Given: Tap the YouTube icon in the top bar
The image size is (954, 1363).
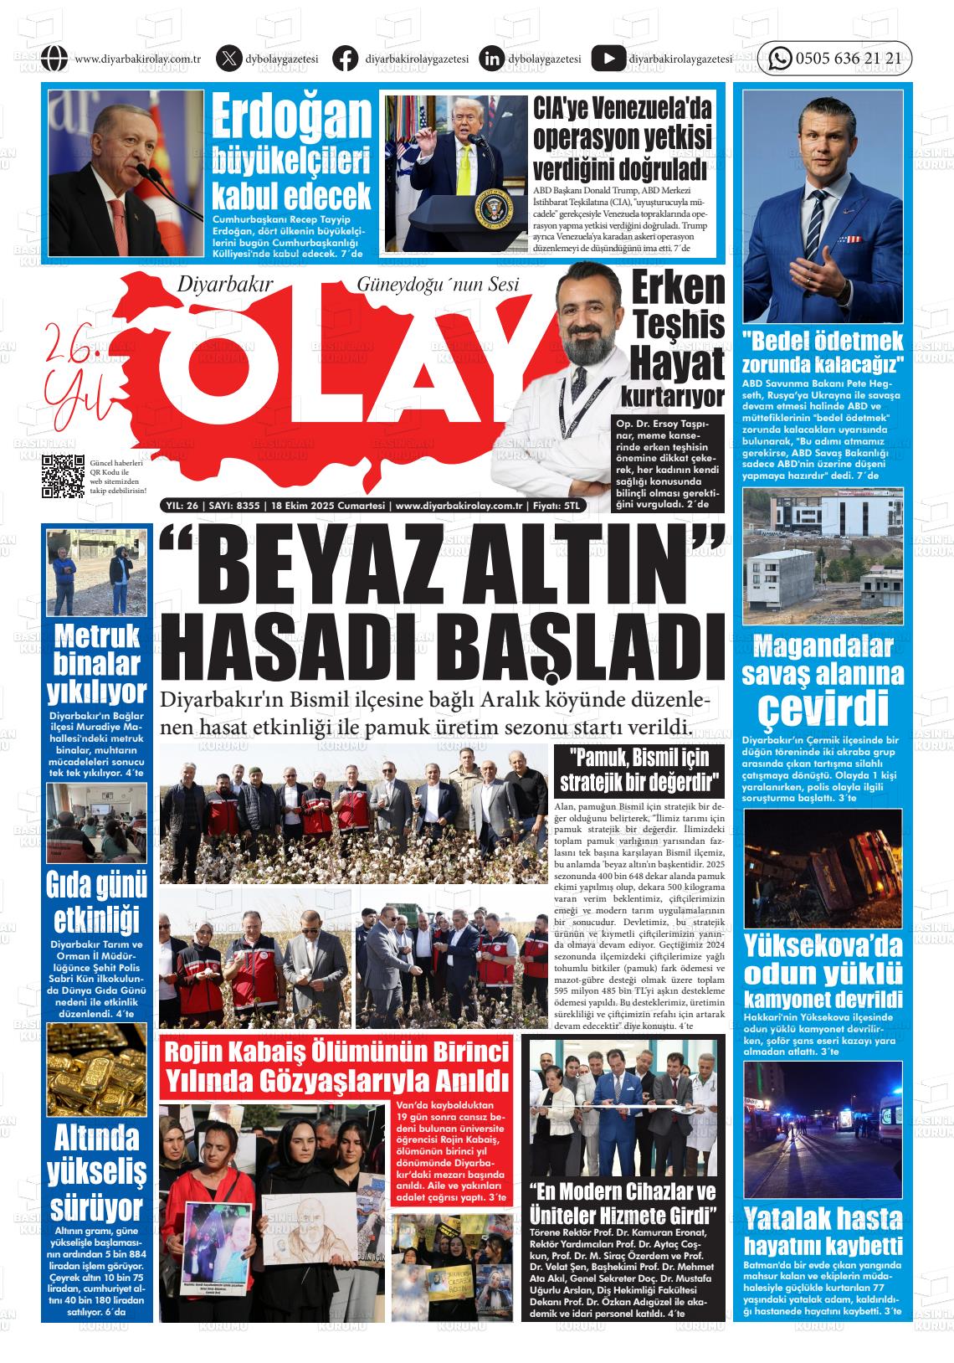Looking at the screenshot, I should pyautogui.click(x=608, y=59).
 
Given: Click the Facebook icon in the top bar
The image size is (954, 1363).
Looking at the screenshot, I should pyautogui.click(x=345, y=59).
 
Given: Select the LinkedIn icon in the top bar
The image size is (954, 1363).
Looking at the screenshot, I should pyautogui.click(x=492, y=59).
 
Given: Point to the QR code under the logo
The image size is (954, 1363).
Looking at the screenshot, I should pyautogui.click(x=64, y=476).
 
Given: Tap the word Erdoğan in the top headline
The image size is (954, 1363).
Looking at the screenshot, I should pyautogui.click(x=291, y=117).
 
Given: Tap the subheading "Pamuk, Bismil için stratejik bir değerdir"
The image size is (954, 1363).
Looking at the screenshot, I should pyautogui.click(x=639, y=770).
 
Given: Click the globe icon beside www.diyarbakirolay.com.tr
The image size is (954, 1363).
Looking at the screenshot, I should pyautogui.click(x=54, y=59).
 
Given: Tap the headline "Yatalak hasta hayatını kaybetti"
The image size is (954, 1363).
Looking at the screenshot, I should pyautogui.click(x=823, y=1230).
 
